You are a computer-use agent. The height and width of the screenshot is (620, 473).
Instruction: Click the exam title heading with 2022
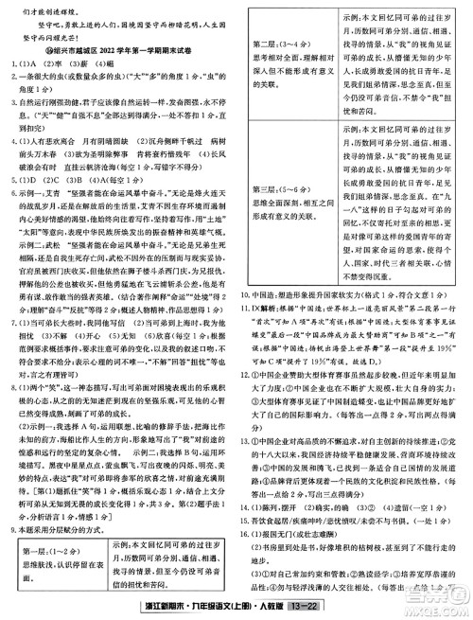pyautogui.click(x=122, y=53)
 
